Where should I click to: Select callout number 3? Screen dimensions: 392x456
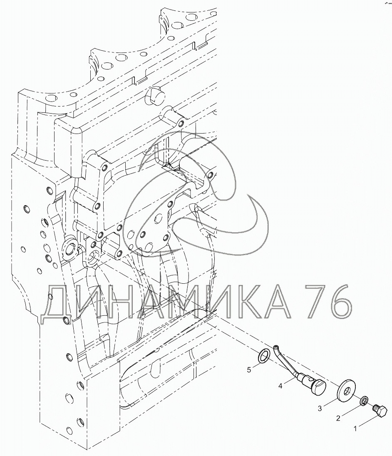pos(320,408)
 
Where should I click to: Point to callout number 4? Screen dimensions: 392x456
pos(280,386)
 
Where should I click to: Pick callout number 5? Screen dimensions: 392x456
pos(249,369)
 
